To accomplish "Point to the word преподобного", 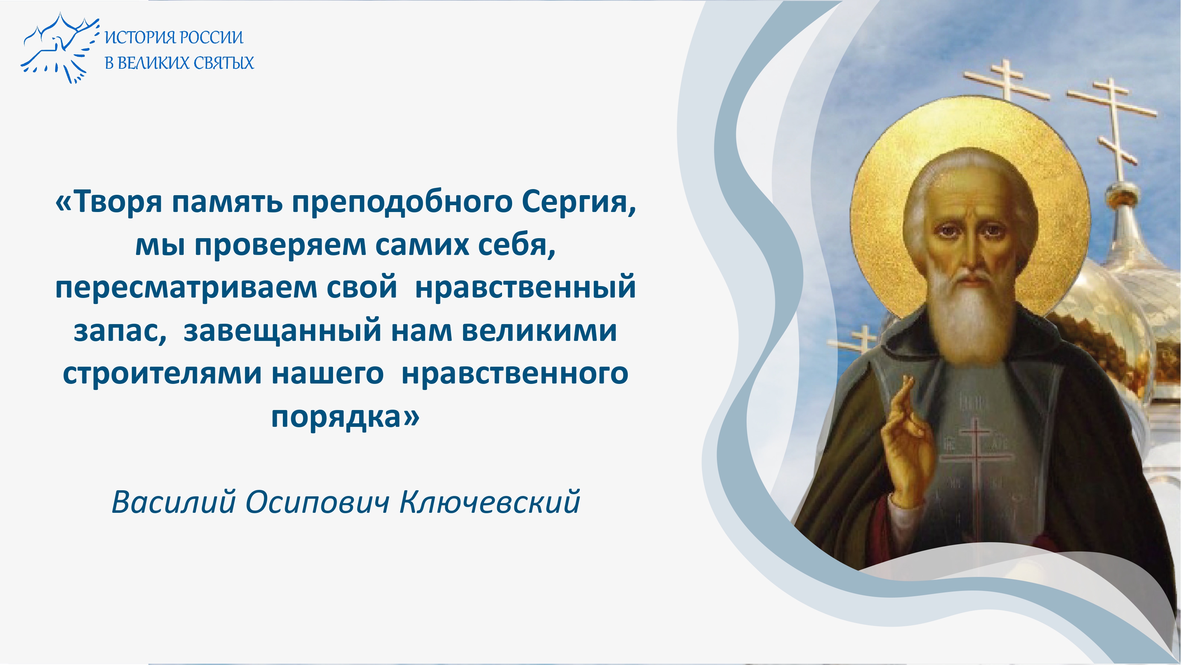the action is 402,202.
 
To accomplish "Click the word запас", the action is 120,331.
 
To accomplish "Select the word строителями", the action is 162,374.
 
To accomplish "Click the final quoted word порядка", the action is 345,417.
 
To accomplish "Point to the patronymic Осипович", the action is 317,502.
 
